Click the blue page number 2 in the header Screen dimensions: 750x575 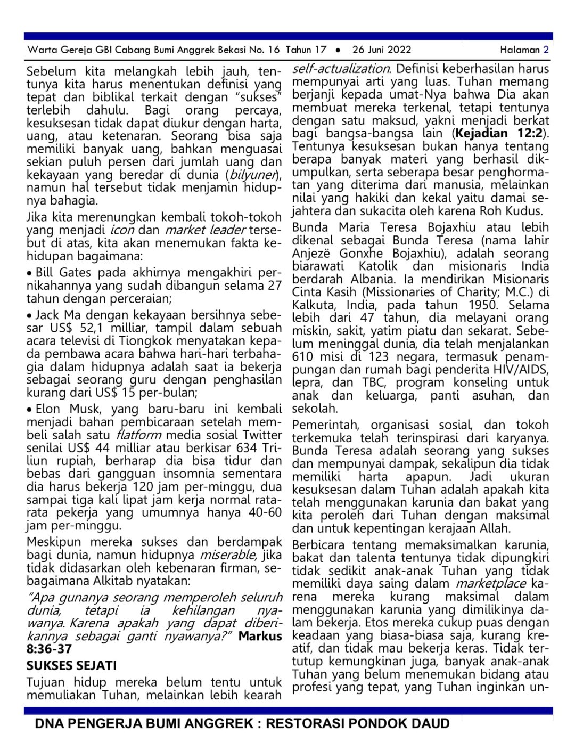tap(546, 50)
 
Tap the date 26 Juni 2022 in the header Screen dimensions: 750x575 tap(381, 50)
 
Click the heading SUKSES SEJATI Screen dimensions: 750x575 tap(71, 665)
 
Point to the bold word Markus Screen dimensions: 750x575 tap(260, 636)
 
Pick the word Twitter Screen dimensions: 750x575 tap(262, 435)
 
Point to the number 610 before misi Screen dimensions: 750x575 tap(303, 357)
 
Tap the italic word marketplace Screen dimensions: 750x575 tap(490, 584)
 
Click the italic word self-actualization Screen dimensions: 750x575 tap(341, 69)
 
